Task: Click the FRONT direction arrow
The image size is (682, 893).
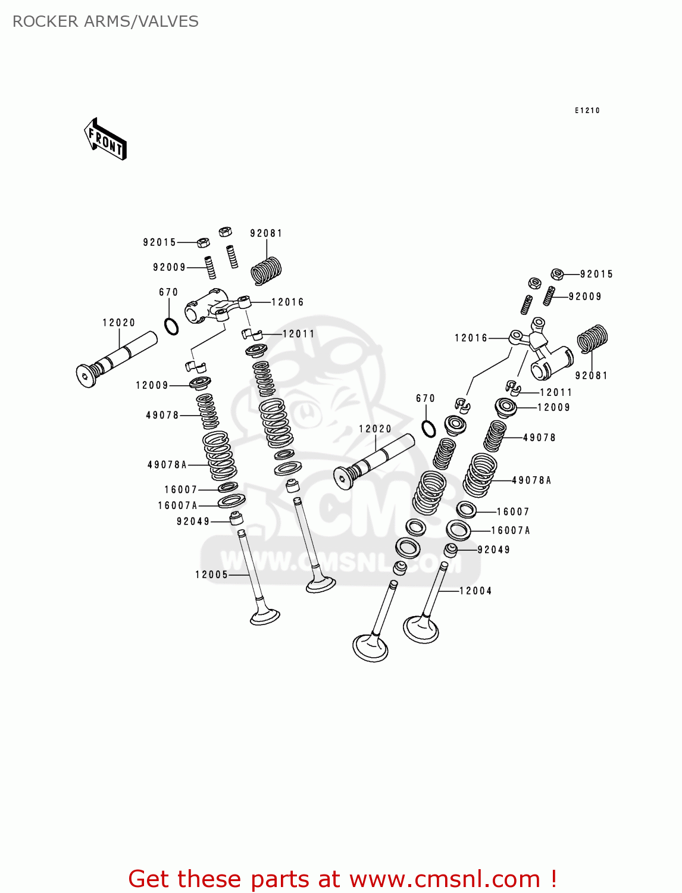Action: [x=105, y=139]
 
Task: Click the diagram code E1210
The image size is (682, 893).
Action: [x=587, y=111]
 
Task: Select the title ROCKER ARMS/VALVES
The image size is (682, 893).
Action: [x=105, y=21]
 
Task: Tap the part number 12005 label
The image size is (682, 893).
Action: [x=211, y=574]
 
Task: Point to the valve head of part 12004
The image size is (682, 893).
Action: [x=421, y=629]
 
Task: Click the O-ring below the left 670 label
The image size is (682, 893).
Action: [x=171, y=326]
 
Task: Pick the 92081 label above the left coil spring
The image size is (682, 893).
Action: [x=266, y=233]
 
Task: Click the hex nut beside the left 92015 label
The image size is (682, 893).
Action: [x=202, y=242]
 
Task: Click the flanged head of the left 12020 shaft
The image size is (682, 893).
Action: [x=86, y=375]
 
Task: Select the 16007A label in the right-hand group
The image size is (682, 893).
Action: [x=510, y=530]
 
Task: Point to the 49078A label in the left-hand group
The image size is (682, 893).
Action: [x=167, y=464]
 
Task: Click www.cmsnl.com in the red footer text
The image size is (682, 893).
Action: [x=446, y=879]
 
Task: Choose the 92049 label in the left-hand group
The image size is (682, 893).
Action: [x=193, y=522]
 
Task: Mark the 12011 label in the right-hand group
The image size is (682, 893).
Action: [x=556, y=392]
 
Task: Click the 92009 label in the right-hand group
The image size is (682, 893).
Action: [x=584, y=296]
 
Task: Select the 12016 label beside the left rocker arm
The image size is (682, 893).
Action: [x=287, y=302]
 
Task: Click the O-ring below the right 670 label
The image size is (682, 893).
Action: [x=428, y=428]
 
